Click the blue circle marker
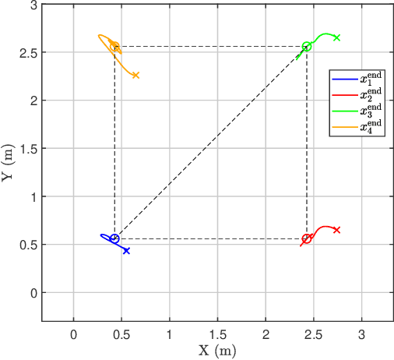(x=114, y=238)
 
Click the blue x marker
(x=126, y=251)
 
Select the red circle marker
(x=306, y=238)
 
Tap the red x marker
(x=336, y=230)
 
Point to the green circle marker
(x=307, y=47)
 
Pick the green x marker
(x=336, y=37)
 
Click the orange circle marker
(x=114, y=47)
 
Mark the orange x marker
(x=135, y=75)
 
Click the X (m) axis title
(x=216, y=350)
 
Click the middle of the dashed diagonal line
(x=210, y=143)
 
